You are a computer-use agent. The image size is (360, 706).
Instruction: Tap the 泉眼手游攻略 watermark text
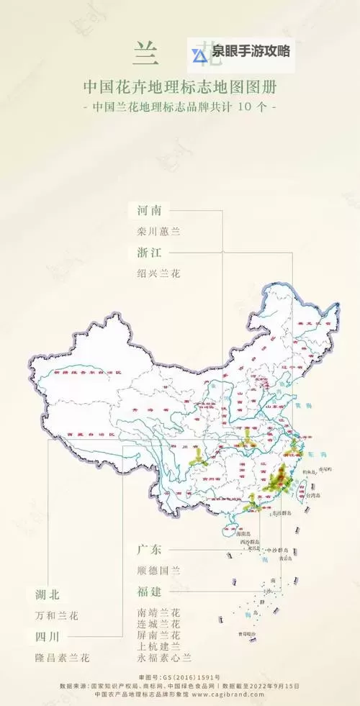pos(251,53)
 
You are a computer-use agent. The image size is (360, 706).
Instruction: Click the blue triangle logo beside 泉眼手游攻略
pos(199,54)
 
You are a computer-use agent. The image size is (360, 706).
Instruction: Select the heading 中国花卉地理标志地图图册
pos(179,88)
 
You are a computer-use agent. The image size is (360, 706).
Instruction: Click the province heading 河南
pos(153,211)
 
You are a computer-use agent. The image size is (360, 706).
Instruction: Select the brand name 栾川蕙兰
pos(158,232)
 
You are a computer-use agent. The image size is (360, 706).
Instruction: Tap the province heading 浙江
pos(153,252)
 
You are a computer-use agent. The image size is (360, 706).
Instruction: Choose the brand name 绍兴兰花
pos(158,273)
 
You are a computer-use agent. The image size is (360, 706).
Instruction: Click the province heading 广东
pos(153,550)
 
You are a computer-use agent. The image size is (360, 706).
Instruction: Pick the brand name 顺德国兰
pos(158,571)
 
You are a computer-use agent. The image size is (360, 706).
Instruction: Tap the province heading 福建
pos(153,591)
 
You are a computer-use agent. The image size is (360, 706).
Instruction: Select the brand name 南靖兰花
pos(158,612)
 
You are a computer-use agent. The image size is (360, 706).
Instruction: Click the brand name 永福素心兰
pos(163,657)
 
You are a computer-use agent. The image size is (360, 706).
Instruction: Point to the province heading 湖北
pos(48,594)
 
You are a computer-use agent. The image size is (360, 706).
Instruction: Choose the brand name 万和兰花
pos(56,616)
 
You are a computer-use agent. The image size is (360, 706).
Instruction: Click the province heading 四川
pos(48,636)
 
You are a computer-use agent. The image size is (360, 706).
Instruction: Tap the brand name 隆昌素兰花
pos(62,657)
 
